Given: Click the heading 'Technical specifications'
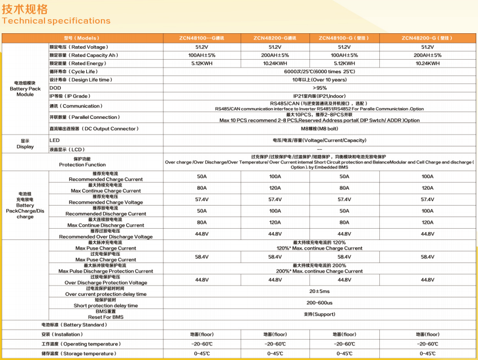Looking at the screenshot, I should tap(56, 21).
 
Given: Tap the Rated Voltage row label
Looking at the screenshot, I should tap(78, 47).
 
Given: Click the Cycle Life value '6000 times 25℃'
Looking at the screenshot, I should tap(319, 72).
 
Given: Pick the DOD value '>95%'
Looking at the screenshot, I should tap(319, 88).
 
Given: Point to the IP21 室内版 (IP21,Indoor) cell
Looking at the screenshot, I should tap(319, 96).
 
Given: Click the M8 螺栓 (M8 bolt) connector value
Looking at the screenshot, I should tap(319, 128).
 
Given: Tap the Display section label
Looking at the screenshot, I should tap(25, 144).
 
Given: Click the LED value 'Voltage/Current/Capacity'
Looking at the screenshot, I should tap(319, 140).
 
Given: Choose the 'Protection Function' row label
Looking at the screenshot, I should tap(82, 162).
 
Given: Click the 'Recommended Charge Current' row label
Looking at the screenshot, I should tap(105, 177).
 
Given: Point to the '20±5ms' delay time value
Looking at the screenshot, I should tap(319, 291).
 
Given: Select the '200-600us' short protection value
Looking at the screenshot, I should tap(319, 303).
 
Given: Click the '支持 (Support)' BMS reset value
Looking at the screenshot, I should tap(319, 314).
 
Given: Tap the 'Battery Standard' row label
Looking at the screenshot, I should tap(74, 325).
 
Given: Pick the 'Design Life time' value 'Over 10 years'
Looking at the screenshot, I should tap(319, 80).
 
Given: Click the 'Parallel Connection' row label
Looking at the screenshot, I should tap(85, 117).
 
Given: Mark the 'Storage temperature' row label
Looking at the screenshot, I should tap(78, 354).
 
